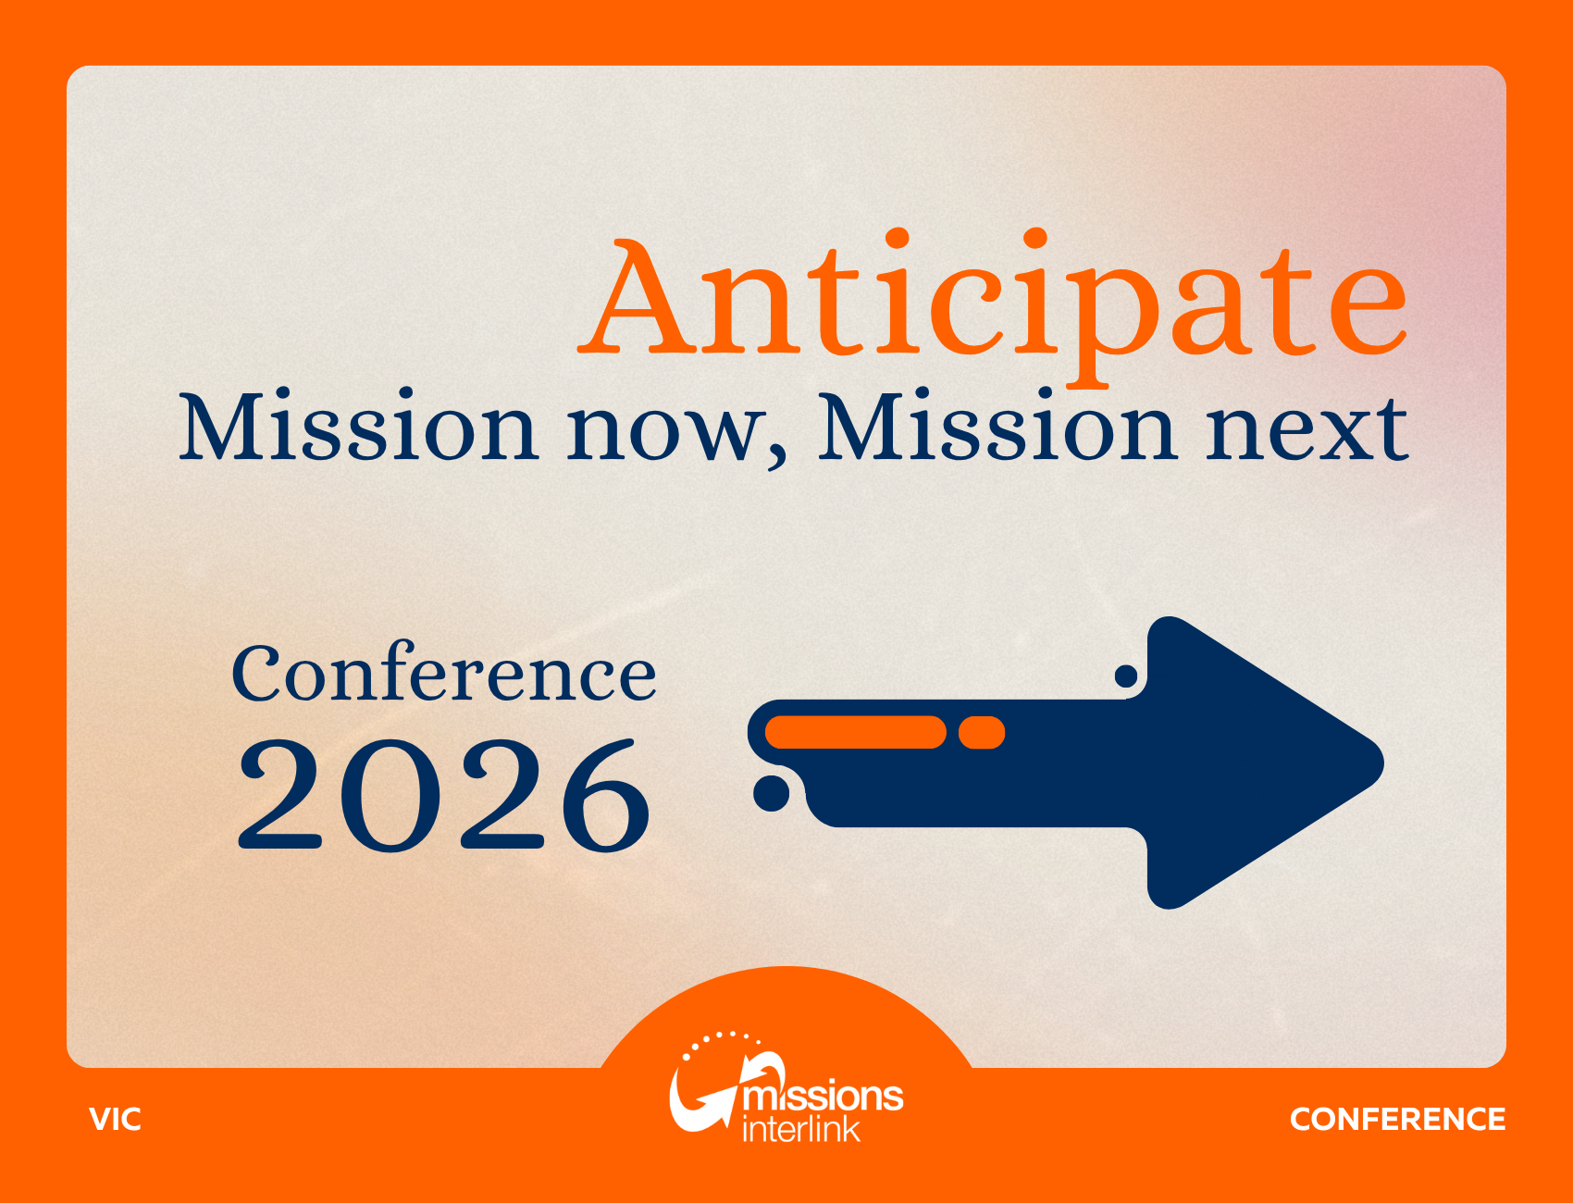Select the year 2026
(444, 795)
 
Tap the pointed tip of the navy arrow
(1382, 763)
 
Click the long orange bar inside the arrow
(856, 732)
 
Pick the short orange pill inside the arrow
(982, 732)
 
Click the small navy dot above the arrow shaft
(1126, 676)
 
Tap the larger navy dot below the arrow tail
(771, 793)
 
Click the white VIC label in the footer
(116, 1119)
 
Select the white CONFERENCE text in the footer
(1397, 1119)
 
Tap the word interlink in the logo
(801, 1129)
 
